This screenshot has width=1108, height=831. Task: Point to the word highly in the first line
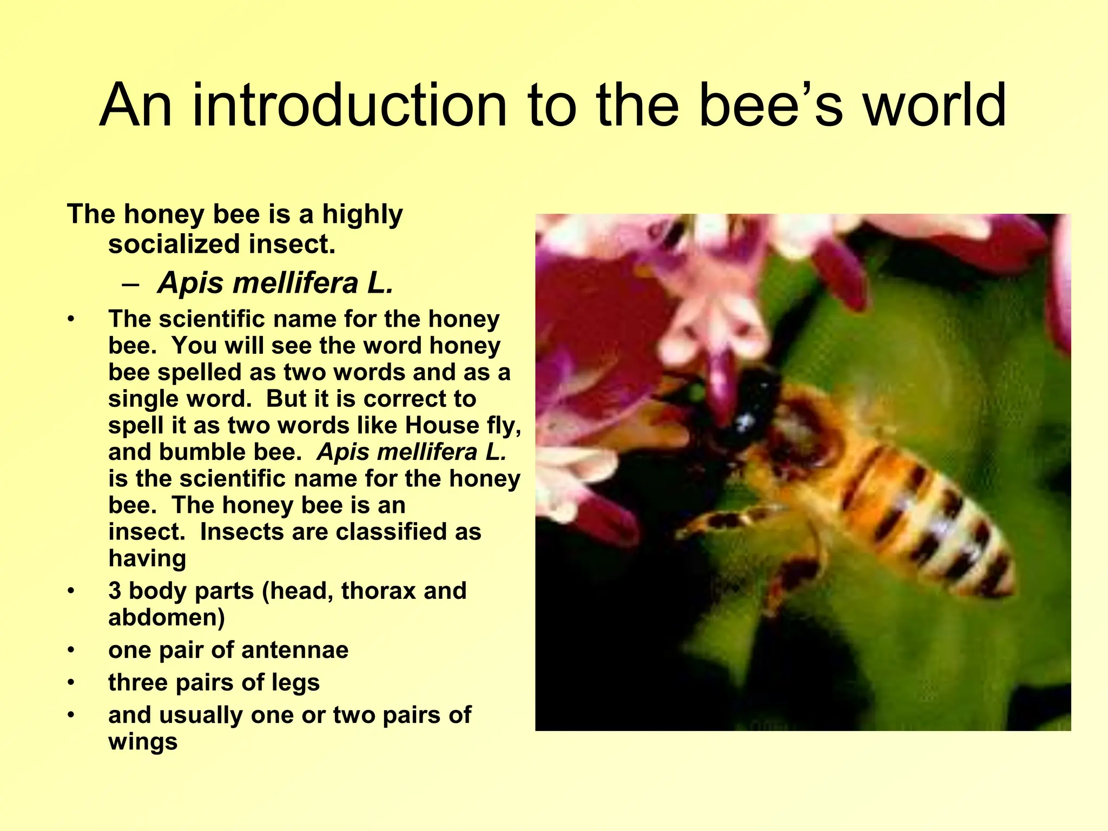click(362, 215)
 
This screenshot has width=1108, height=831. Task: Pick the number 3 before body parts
click(115, 591)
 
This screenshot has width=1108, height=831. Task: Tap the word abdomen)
click(167, 617)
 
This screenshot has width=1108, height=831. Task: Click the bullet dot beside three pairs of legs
click(70, 683)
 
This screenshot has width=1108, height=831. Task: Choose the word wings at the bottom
click(143, 741)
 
